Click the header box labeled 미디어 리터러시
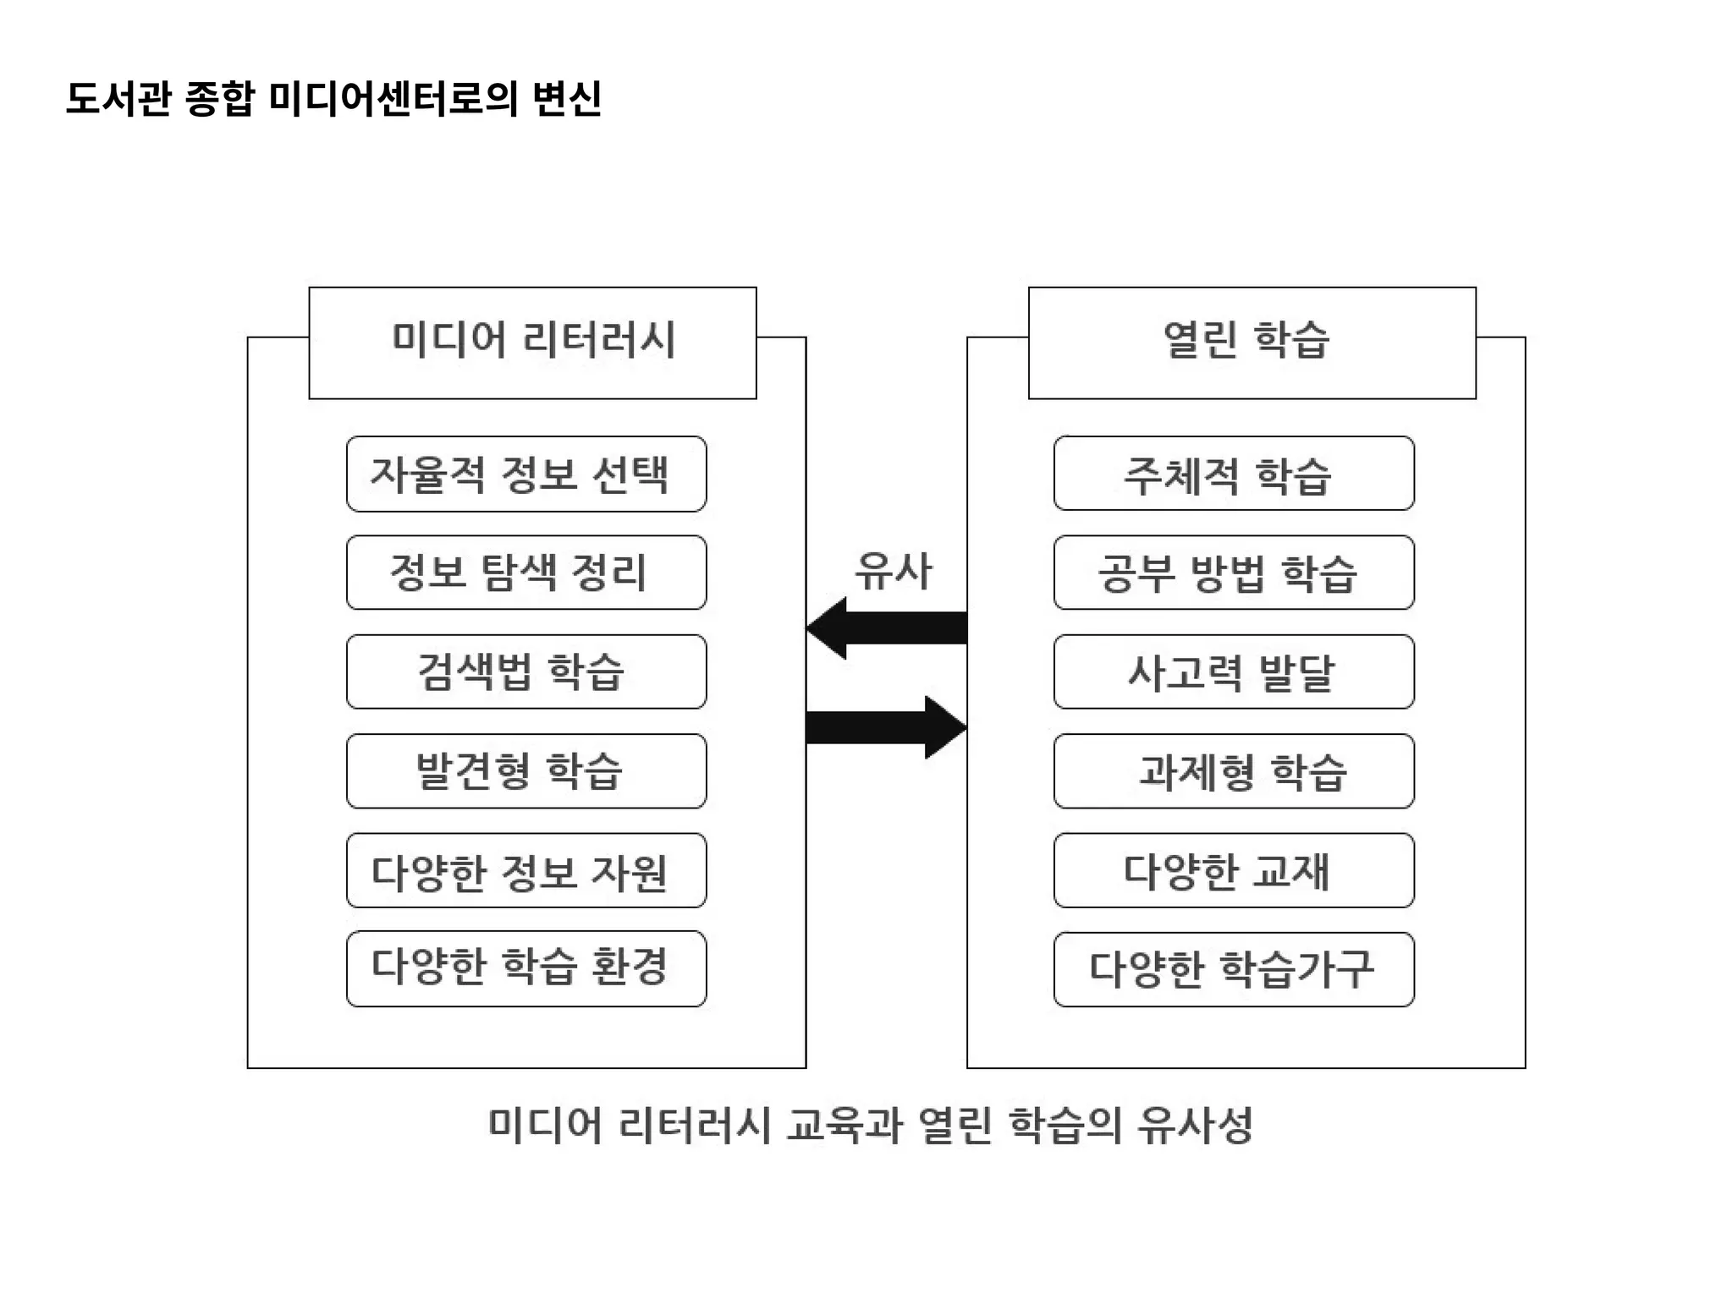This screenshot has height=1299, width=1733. (532, 343)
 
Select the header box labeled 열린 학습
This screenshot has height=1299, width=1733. (1252, 343)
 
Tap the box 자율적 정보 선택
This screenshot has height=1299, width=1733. (526, 474)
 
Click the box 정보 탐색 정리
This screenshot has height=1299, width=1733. (526, 573)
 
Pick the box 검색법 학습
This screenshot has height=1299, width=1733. (526, 671)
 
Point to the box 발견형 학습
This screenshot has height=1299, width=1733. (526, 770)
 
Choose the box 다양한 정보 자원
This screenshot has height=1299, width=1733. (526, 870)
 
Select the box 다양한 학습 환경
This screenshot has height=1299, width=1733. (526, 968)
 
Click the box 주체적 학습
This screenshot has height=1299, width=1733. (1234, 474)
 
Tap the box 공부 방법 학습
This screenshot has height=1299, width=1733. (1234, 573)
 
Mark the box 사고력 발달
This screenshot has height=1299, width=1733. (1234, 671)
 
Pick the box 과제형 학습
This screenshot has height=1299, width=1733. (1234, 770)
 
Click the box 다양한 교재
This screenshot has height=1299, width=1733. (1234, 870)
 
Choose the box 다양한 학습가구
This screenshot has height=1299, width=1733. (1234, 969)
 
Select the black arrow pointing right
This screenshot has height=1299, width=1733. (889, 727)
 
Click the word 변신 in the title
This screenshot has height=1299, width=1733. (567, 98)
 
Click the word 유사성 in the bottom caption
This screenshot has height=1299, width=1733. (1195, 1126)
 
